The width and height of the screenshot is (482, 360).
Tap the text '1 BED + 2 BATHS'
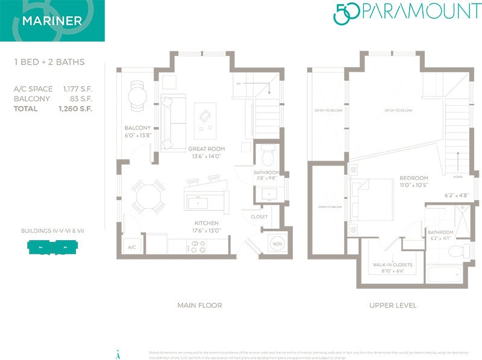[49, 62]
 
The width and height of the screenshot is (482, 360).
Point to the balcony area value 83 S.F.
[80, 99]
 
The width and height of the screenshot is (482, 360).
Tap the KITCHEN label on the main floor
[205, 223]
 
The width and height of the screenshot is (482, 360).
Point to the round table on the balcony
[137, 95]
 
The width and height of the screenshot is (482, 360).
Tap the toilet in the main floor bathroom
[268, 155]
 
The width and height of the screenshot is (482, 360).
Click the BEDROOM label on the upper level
[414, 178]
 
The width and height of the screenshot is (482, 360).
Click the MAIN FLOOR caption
[199, 305]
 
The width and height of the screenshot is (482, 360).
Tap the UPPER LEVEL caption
[392, 305]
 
